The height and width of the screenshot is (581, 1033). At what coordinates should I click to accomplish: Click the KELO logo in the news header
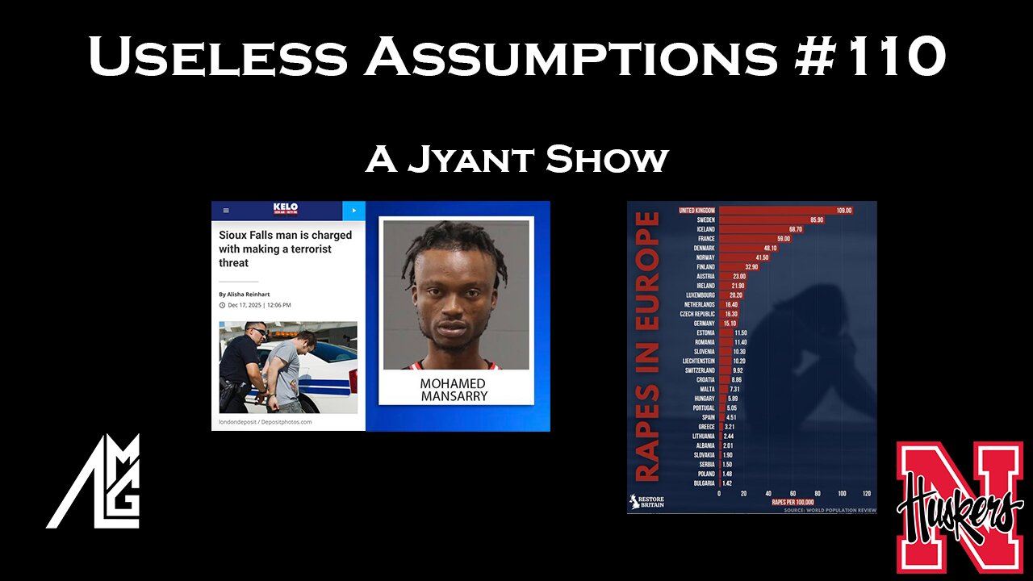(x=286, y=209)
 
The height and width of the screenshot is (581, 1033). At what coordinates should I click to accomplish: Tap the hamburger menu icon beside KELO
(x=226, y=211)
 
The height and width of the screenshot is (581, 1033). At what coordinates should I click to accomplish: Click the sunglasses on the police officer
(x=257, y=331)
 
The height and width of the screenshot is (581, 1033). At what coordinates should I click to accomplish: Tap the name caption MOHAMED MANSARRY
(x=453, y=389)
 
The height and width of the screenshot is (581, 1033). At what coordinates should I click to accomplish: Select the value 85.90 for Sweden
(x=812, y=219)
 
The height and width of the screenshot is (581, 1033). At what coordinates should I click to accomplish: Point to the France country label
(x=705, y=239)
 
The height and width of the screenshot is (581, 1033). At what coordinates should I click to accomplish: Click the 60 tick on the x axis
(x=793, y=493)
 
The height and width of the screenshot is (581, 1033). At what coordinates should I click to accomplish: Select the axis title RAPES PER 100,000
(x=793, y=502)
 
